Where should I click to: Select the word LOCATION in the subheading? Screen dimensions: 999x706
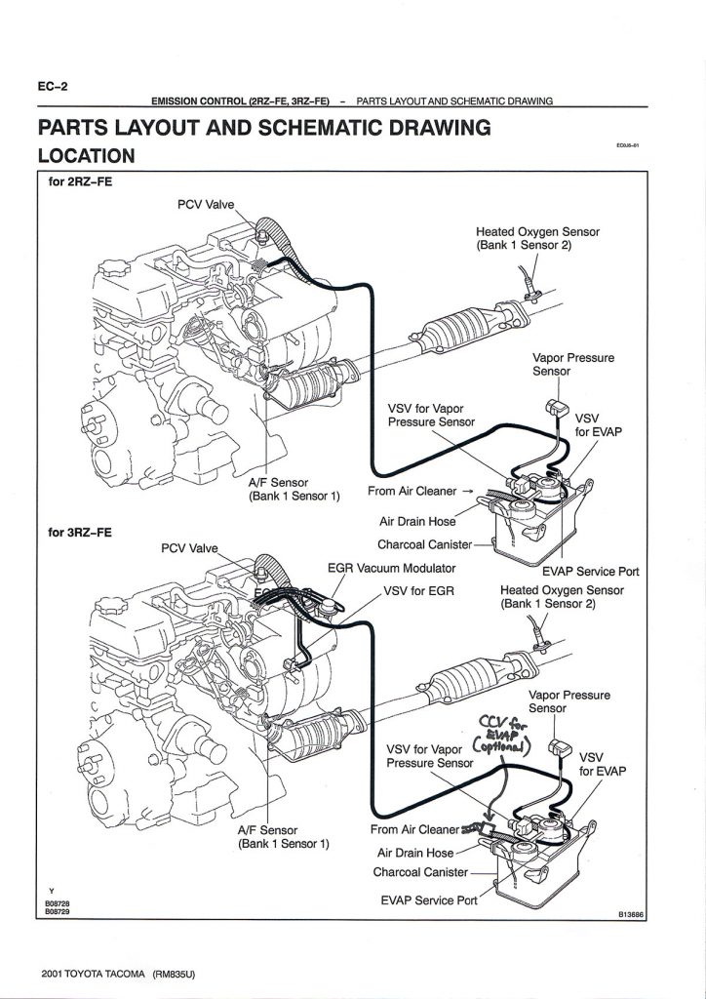(86, 155)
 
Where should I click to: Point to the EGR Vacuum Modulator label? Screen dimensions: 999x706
(391, 569)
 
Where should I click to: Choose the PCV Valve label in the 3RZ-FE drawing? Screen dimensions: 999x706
(191, 547)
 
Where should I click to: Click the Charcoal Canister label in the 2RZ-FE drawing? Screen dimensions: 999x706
(424, 543)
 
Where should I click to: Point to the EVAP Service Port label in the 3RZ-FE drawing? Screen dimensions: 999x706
(429, 899)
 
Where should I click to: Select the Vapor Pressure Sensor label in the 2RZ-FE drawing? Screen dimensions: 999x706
(572, 364)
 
